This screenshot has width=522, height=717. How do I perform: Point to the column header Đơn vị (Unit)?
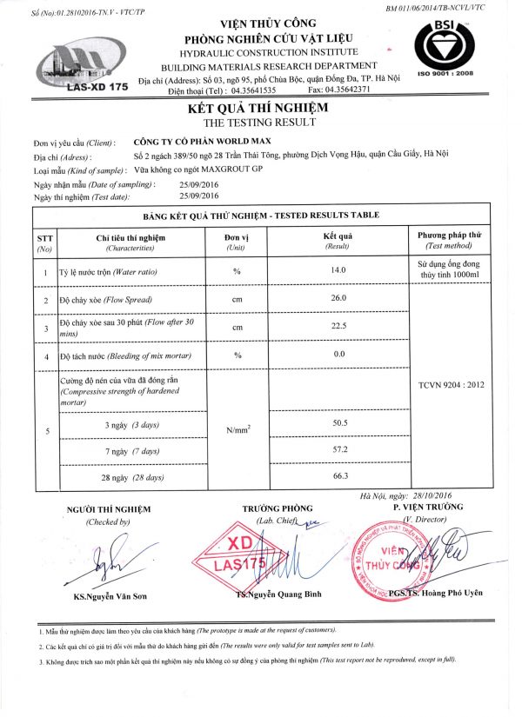click(237, 241)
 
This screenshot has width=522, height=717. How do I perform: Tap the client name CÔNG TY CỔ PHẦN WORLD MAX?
click(203, 141)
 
